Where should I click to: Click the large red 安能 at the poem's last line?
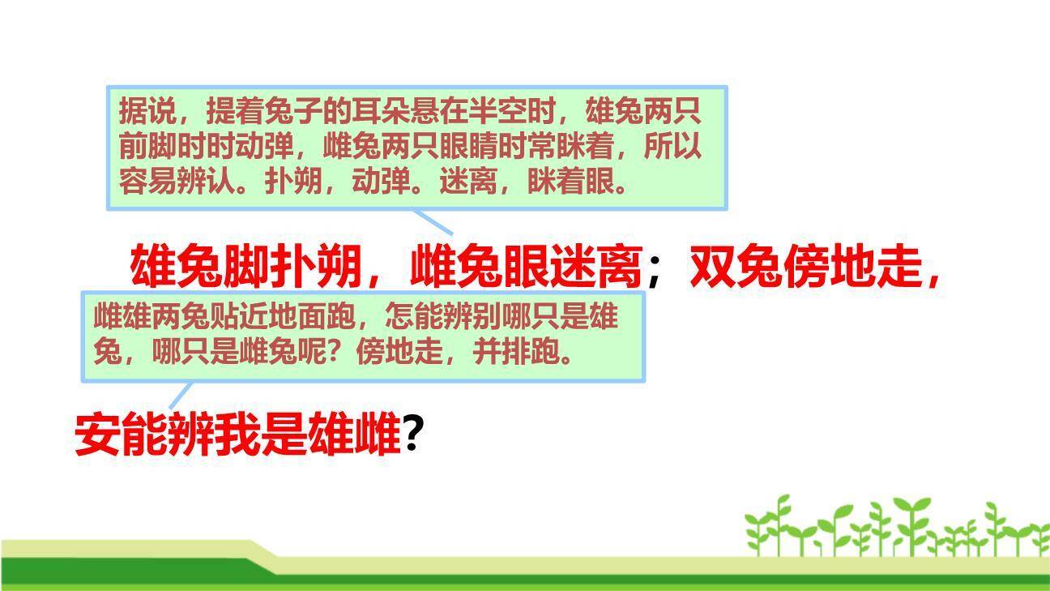point(121,435)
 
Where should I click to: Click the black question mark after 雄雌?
point(413,435)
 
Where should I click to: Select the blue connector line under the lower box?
point(180,396)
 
